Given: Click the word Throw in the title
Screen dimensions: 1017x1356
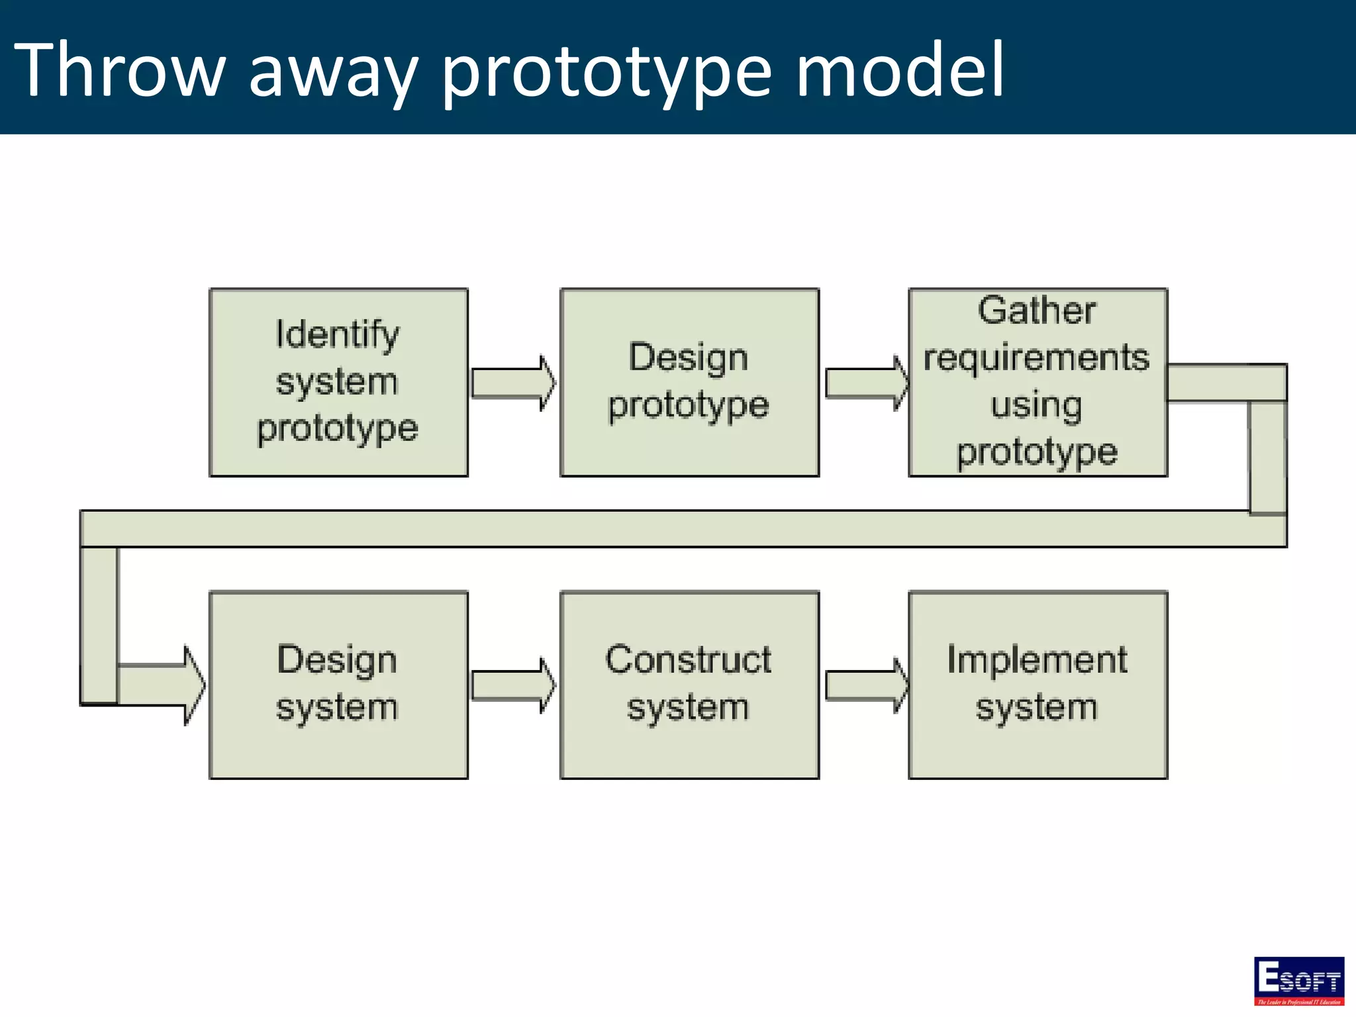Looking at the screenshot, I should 119,70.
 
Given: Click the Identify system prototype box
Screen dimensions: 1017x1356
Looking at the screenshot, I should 338,382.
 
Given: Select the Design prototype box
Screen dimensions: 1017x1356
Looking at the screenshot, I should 689,382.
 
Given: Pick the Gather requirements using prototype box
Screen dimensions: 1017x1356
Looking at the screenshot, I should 1038,382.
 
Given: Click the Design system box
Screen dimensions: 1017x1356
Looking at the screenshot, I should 338,685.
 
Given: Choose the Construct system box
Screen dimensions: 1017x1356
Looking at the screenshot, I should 689,685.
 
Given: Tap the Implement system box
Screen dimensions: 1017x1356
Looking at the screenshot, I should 1038,685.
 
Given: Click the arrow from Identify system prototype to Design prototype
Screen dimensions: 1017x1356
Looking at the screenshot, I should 513,383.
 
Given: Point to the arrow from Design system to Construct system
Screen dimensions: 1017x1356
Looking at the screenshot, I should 513,685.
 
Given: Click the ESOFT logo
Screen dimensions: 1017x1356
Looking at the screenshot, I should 1298,981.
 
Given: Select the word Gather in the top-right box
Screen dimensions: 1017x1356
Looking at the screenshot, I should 1037,311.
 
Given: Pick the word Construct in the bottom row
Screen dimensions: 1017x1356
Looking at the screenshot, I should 688,659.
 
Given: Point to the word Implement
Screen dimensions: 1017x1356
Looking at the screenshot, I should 1037,659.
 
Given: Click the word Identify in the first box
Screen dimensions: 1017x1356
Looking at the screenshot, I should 337,334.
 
